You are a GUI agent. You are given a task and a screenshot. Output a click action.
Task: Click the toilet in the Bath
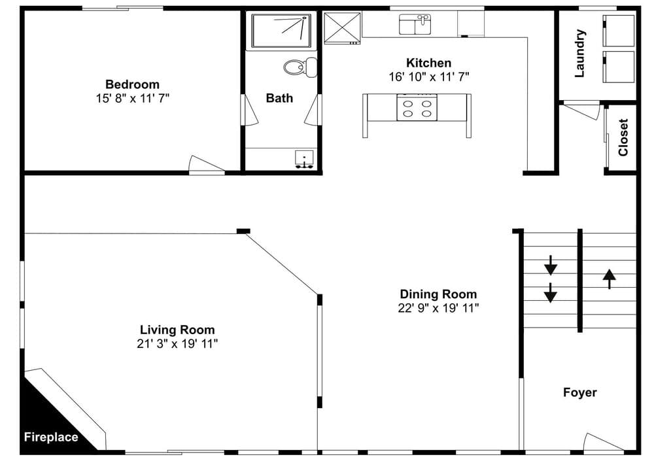(300, 67)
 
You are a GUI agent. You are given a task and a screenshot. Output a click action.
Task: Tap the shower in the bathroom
(281, 31)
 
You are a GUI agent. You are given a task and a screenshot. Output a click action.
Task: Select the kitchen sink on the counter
(415, 24)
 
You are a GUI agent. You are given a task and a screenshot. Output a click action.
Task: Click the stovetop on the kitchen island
(417, 108)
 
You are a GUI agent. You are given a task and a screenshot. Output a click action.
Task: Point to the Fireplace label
(51, 437)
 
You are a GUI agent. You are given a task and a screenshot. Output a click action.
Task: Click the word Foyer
(579, 392)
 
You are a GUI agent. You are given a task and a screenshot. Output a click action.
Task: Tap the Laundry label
(579, 53)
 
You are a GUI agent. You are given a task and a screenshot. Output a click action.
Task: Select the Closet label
(623, 137)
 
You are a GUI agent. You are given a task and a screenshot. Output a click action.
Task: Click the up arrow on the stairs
(610, 279)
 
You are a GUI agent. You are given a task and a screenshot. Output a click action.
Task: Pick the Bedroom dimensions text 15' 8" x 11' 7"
(133, 99)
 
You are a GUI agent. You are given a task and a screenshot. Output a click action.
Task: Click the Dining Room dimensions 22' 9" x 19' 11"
(438, 308)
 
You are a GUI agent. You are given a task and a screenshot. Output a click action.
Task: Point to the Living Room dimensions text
(177, 344)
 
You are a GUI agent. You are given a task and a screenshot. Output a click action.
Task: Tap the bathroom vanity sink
(305, 159)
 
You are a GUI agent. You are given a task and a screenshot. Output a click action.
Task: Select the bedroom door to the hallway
(207, 164)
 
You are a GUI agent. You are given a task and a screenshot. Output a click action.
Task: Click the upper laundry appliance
(619, 31)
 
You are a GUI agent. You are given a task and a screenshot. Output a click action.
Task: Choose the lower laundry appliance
(619, 67)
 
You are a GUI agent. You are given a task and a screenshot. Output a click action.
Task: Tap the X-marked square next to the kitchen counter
(342, 28)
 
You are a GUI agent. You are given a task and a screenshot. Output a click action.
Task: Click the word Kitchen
(429, 63)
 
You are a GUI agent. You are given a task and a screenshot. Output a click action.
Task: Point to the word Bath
(279, 98)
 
